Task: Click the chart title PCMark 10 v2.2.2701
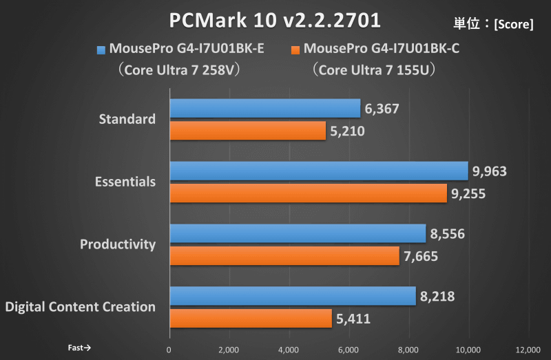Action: click(275, 20)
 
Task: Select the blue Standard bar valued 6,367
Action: click(265, 108)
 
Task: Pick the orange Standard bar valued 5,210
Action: click(247, 131)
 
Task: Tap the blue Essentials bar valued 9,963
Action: click(319, 171)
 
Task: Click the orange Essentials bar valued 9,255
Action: click(308, 193)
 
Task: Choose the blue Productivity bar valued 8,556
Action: click(298, 233)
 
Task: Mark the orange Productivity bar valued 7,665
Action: click(284, 256)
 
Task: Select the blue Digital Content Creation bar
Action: click(293, 296)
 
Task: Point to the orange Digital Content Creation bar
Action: click(251, 319)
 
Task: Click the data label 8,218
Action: click(437, 296)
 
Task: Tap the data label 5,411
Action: click(353, 319)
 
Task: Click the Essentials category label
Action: click(125, 182)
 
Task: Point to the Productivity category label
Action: click(118, 244)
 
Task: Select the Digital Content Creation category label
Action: click(80, 307)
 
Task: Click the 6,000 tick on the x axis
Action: click(349, 348)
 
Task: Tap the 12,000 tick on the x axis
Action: click(528, 348)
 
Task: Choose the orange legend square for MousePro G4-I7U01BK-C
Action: click(296, 50)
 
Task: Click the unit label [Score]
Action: click(512, 24)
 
